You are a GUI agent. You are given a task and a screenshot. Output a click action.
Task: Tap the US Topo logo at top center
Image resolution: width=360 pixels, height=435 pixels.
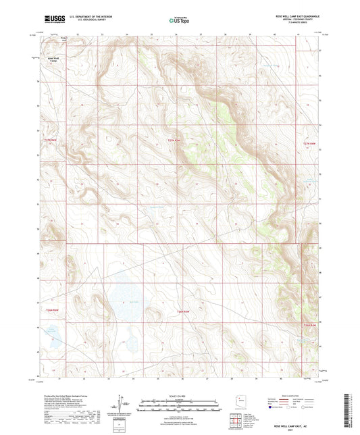(178, 20)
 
